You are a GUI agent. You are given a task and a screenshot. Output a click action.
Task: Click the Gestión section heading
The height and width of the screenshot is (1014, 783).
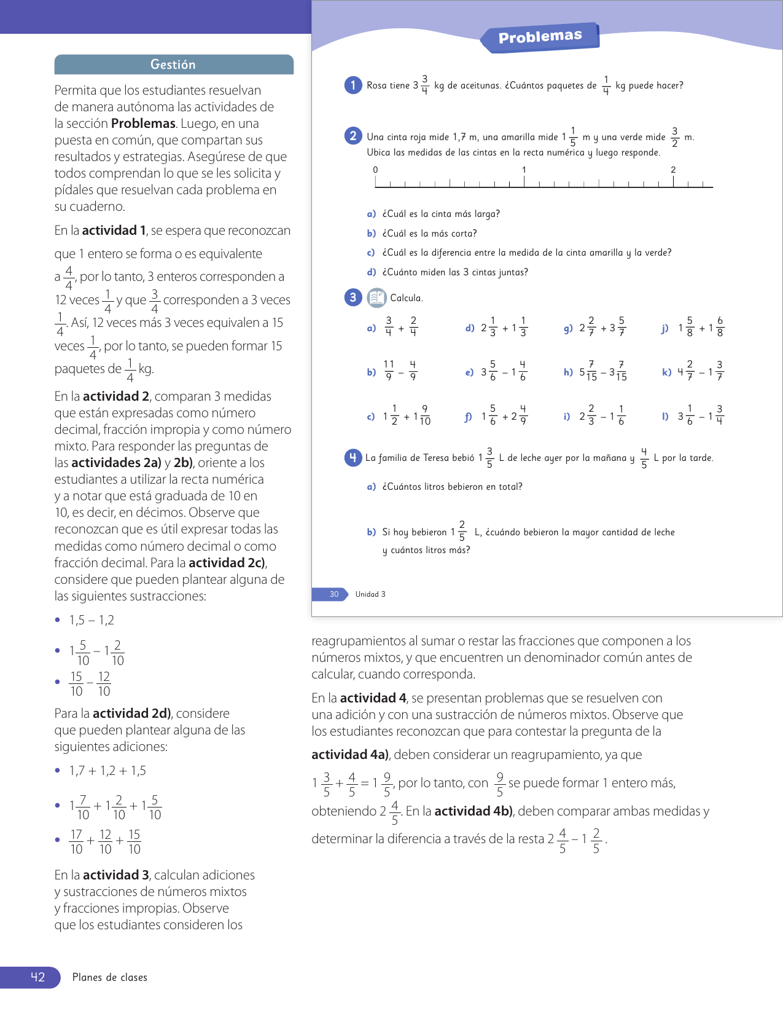173,65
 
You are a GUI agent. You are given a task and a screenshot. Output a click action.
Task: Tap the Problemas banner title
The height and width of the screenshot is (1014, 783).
540,37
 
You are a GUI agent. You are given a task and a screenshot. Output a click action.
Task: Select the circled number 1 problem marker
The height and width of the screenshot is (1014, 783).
353,85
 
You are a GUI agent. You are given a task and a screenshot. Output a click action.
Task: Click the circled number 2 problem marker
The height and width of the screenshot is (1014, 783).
353,136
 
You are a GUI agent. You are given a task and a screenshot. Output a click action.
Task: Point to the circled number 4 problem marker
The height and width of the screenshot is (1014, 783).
353,458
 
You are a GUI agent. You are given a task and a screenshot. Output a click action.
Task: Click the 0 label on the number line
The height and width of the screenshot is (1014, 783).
375,170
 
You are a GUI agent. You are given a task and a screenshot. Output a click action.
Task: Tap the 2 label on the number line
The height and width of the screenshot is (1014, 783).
673,170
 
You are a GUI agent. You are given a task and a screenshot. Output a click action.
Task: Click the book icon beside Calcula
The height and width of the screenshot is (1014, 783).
376,298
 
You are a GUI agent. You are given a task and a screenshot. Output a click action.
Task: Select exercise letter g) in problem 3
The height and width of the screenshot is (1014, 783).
568,328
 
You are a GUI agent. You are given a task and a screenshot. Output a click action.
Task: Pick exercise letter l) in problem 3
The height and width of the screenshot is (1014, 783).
665,416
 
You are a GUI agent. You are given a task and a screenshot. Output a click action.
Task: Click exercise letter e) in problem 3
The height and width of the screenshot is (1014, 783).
469,372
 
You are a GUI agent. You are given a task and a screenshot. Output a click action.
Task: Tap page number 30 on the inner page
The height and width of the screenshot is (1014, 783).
334,594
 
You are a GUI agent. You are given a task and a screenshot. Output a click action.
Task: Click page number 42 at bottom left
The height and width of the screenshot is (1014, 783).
37,977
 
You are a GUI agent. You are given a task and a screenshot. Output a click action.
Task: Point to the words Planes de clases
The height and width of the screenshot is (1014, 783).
110,977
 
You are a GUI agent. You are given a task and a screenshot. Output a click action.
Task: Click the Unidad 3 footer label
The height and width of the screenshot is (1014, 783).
370,594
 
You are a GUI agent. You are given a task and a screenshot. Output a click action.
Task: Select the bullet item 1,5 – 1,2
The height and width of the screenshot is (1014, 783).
92,620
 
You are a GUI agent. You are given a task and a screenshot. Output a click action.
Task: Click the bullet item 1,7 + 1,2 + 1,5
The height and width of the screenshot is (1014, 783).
107,771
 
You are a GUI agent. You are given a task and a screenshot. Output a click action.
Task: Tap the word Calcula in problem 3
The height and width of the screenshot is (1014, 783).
407,298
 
